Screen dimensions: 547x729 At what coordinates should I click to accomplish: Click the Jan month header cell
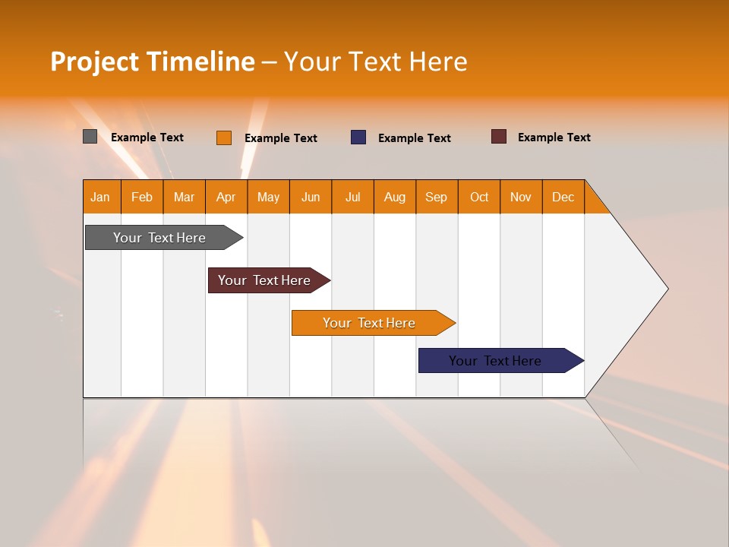(x=101, y=197)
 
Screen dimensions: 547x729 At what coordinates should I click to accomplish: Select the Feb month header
(x=142, y=197)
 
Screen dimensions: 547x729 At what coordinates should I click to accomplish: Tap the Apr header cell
(x=226, y=197)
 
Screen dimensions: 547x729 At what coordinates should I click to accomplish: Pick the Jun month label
(x=311, y=197)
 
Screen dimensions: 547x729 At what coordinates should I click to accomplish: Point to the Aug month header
(x=395, y=197)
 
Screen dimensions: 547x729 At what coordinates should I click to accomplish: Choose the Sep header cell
(x=437, y=197)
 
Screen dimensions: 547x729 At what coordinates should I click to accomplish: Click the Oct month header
(x=479, y=197)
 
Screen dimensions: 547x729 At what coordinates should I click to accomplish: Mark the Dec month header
(x=563, y=197)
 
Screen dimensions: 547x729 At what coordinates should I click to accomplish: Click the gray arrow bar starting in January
(x=159, y=238)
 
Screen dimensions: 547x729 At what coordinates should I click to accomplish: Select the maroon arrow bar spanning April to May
(x=264, y=280)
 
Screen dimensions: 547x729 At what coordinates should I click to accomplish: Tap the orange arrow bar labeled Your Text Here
(x=369, y=323)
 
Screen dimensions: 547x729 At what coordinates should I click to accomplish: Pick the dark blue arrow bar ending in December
(x=495, y=361)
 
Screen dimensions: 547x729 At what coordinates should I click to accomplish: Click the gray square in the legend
(x=90, y=137)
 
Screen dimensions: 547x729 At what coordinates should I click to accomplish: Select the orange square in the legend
(x=223, y=138)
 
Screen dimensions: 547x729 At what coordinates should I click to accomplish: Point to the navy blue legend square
(x=358, y=138)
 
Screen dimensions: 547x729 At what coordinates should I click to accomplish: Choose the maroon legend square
(x=498, y=137)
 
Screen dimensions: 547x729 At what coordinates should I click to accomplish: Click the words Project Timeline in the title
(x=152, y=62)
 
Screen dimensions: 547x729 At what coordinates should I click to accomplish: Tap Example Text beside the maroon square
(x=554, y=138)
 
